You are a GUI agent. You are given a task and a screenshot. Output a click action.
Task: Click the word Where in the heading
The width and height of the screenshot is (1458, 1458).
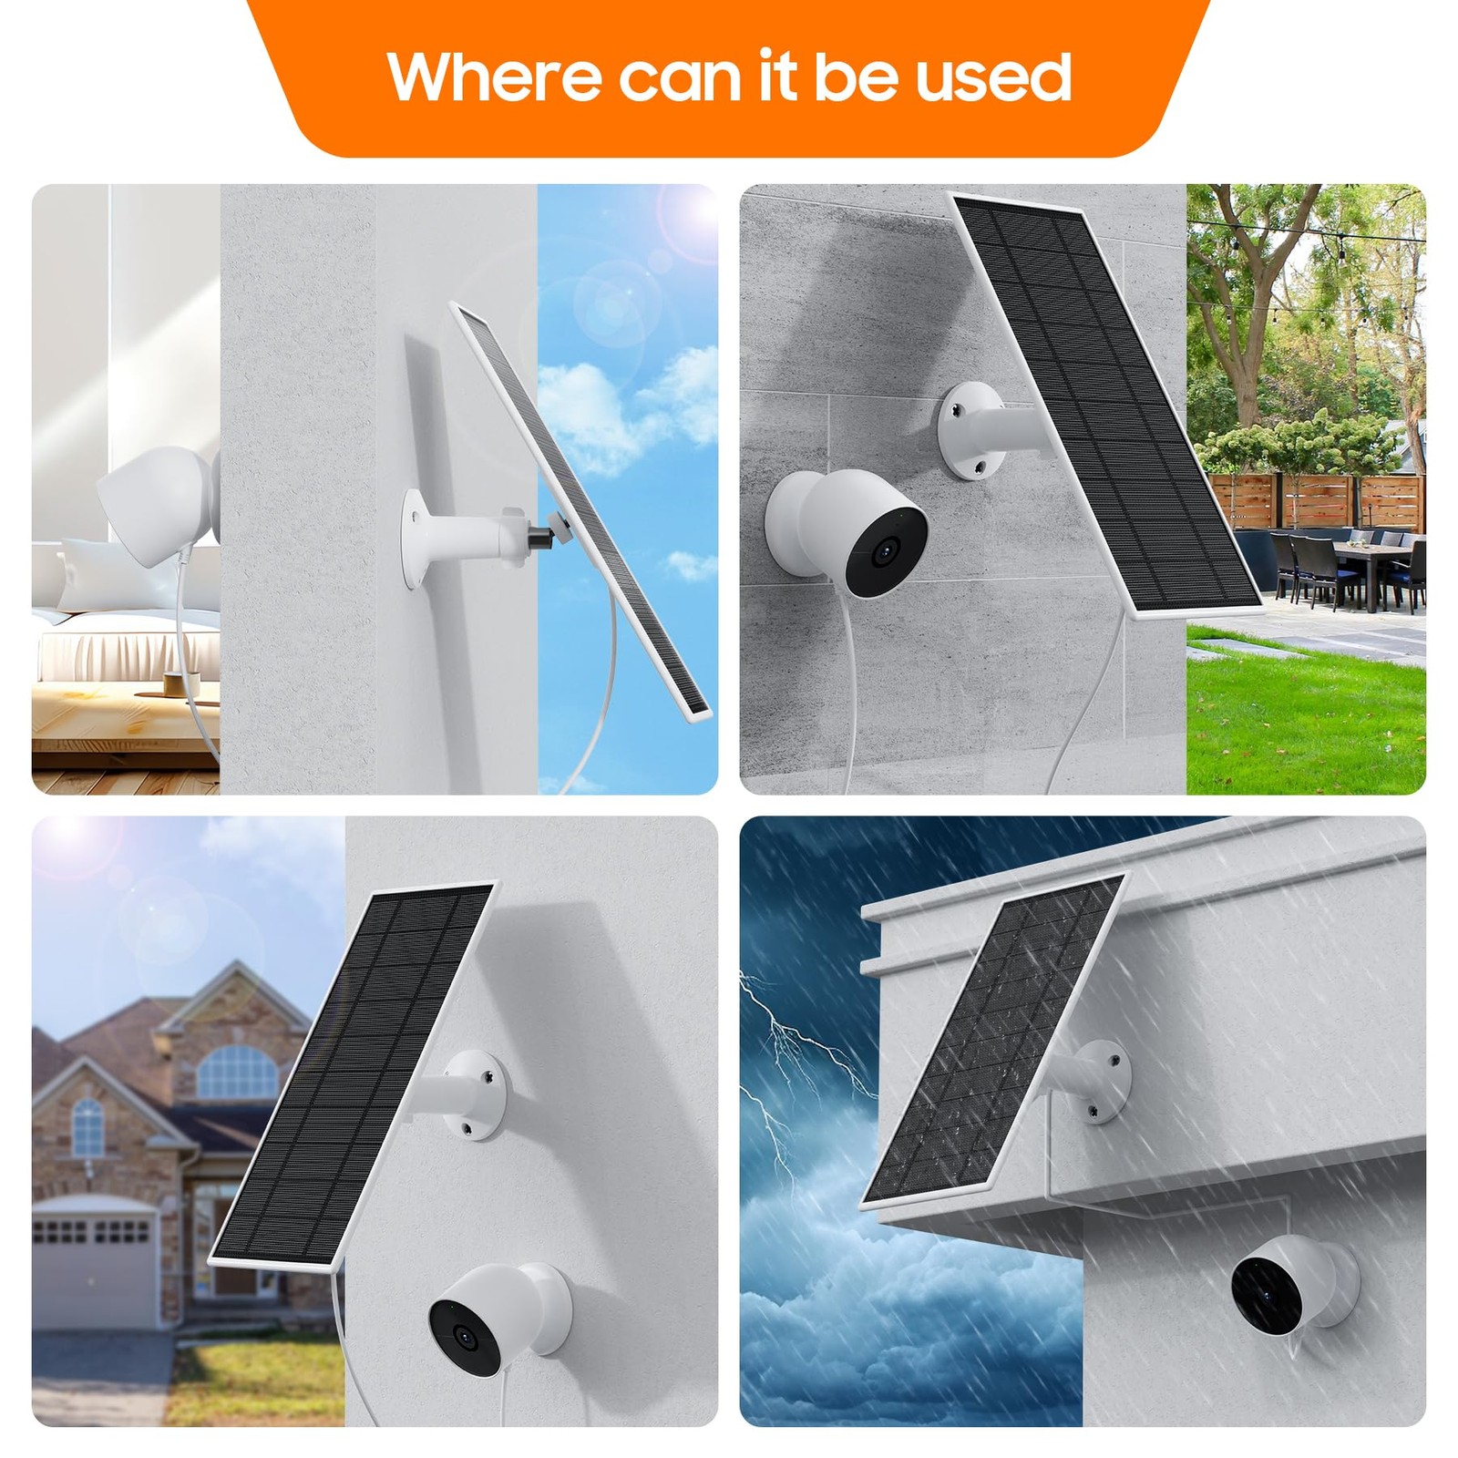(493, 77)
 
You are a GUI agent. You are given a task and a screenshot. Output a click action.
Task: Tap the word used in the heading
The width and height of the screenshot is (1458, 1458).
(993, 77)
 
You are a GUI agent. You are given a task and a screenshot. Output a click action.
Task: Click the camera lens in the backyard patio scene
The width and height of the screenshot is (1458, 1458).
(881, 552)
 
